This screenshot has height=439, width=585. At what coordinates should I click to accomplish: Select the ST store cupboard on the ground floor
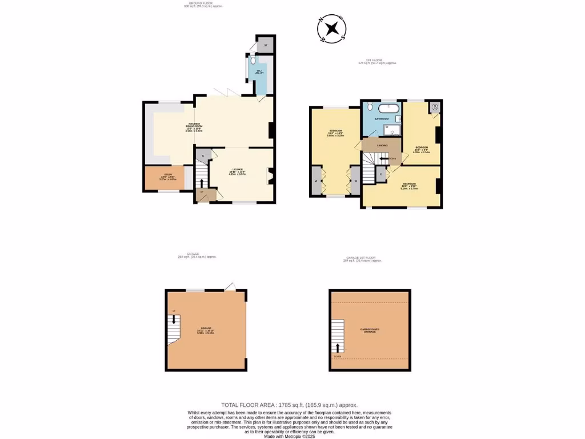(x=265, y=45)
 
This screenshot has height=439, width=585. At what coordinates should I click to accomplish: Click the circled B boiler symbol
(x=435, y=107)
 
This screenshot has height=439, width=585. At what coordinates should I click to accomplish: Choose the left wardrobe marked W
(x=316, y=181)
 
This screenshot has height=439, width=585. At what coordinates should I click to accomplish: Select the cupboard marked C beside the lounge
(x=203, y=154)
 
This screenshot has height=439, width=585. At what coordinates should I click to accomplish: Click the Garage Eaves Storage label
(x=368, y=330)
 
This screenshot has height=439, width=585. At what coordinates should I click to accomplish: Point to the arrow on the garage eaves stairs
(x=337, y=347)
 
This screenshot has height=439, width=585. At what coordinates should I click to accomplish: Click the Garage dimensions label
(x=205, y=330)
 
